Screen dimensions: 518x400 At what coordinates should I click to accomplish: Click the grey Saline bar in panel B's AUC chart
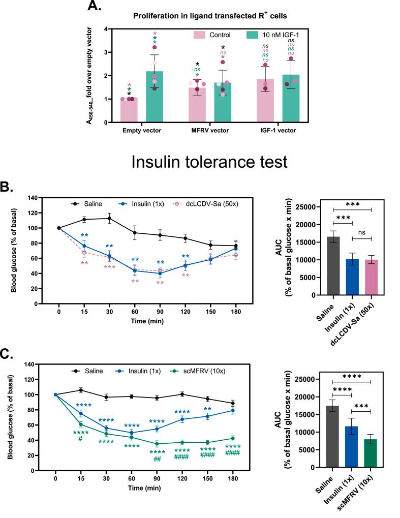coord(333,266)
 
